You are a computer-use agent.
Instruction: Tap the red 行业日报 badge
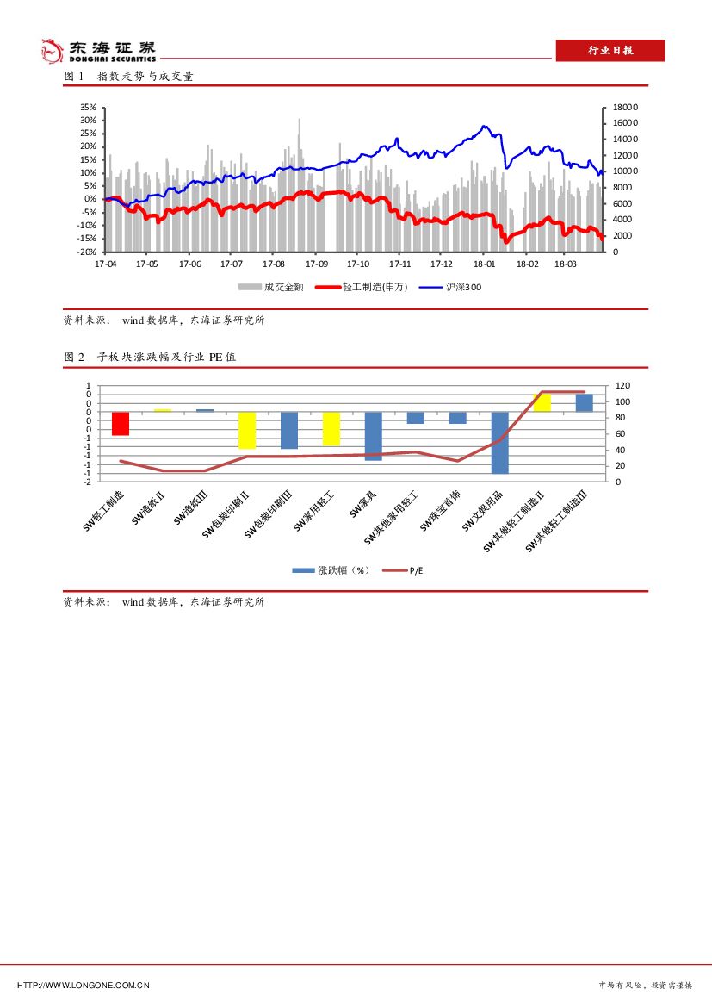610,51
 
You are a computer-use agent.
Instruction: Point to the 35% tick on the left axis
88,107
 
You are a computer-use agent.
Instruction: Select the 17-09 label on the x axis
317,264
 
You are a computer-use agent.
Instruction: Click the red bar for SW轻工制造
121,423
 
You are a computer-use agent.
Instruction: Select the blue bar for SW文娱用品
499,442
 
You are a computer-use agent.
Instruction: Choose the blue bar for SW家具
373,436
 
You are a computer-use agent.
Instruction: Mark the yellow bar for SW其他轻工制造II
542,401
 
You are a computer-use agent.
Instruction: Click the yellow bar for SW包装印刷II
247,430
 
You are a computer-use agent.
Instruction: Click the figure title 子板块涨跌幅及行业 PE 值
165,358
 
